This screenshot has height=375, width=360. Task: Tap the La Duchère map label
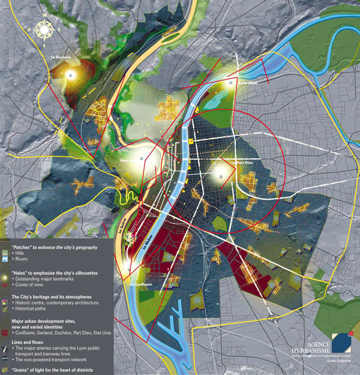click(61, 58)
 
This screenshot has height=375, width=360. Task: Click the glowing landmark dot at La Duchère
click(70, 74)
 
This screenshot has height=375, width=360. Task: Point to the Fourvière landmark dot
click(142, 158)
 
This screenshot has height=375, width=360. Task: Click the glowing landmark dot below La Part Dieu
click(221, 175)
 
